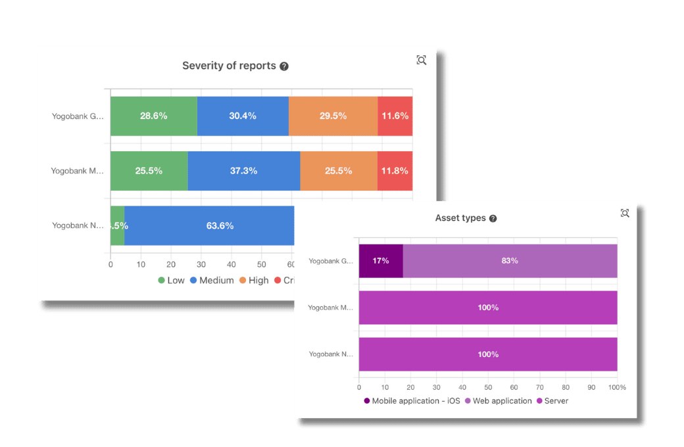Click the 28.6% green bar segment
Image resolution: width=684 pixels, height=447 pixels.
(x=153, y=116)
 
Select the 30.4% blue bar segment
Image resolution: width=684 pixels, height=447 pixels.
(x=243, y=116)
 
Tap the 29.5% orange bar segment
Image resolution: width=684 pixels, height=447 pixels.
(x=333, y=116)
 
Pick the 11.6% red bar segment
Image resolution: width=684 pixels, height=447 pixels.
(x=395, y=116)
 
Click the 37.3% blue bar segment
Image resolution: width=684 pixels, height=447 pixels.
(x=244, y=171)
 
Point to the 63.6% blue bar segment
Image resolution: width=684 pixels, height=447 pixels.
(x=220, y=225)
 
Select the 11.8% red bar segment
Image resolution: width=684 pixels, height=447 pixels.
(x=395, y=171)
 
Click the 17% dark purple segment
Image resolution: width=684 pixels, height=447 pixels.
(x=381, y=260)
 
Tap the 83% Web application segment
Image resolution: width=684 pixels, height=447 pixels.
(x=510, y=260)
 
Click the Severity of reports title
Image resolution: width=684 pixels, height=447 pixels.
(x=229, y=66)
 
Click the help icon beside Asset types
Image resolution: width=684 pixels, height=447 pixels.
(x=493, y=218)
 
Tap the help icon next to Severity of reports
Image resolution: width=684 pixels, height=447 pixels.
(x=284, y=66)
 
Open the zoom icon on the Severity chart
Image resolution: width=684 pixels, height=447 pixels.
(x=422, y=60)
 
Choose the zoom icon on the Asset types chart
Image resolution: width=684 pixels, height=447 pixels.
(x=625, y=213)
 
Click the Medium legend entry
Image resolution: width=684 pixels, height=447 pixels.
(x=212, y=281)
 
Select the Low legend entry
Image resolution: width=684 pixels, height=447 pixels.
(x=171, y=281)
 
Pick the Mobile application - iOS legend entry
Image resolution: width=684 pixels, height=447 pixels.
(x=412, y=400)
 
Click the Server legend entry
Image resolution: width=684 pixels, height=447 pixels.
(x=552, y=400)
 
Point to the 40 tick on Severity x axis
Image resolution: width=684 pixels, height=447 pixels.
(x=231, y=265)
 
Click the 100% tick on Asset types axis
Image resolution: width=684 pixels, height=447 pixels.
(x=617, y=388)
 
